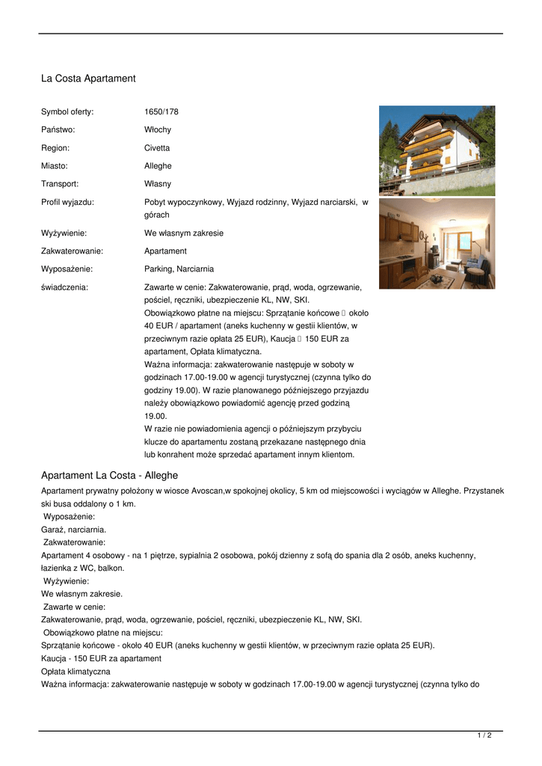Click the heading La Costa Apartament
coord(88,79)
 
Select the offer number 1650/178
coord(161,112)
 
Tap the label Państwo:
coord(58,130)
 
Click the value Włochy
coord(157,130)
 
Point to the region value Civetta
coord(156,148)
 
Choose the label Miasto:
coord(54,166)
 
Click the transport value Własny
coord(157,184)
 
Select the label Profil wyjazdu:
coord(67,202)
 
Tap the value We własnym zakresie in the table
coord(183,233)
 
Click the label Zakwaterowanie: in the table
coord(72,251)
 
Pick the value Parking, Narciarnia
coord(179,269)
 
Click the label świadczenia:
coord(64,287)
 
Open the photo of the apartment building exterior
coord(437,150)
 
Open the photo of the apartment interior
coord(437,243)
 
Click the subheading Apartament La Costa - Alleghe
coord(109,476)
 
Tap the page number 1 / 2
coord(484,736)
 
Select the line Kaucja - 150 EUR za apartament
coord(101,658)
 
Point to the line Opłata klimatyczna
coord(76,672)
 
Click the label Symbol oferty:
coord(67,112)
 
